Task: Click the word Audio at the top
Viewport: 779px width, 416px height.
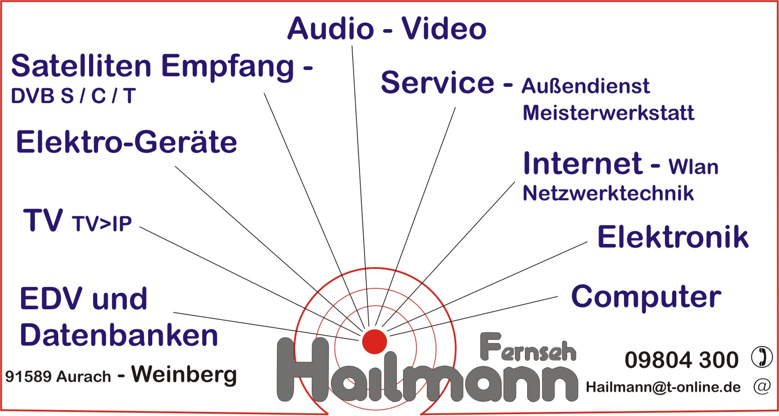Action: pos(330,29)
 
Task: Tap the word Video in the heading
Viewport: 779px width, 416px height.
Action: pos(444,29)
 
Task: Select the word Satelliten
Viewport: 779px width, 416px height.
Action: pos(81,66)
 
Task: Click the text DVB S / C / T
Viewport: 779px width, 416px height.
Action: pos(73,96)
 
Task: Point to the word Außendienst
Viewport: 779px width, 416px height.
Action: pos(586,86)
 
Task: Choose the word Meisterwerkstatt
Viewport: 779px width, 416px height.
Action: pos(609,113)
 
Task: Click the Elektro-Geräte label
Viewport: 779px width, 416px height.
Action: pos(127,142)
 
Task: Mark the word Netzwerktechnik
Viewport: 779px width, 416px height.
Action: pos(608,193)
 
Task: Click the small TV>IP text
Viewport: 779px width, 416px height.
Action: pos(102,224)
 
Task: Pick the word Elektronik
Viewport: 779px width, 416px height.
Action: pos(673,237)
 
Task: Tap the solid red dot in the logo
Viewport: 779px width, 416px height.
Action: pos(375,342)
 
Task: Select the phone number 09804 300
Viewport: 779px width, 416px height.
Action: pos(682,359)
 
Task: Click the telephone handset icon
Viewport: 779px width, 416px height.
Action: pos(762,357)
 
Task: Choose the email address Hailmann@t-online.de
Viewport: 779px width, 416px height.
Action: pos(663,387)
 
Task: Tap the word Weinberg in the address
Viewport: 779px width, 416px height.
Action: pos(184,375)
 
